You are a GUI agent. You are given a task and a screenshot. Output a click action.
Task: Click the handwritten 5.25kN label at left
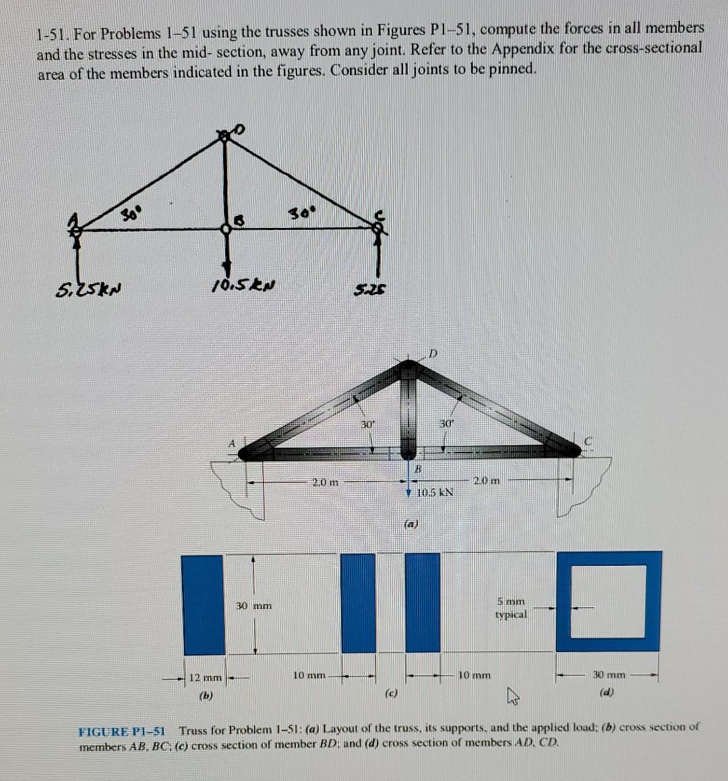coord(88,291)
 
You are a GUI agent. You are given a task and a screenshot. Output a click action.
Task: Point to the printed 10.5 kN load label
coord(435,492)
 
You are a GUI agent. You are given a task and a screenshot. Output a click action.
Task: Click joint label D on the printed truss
coord(433,353)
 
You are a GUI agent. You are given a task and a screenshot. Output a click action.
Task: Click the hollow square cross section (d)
coord(609,601)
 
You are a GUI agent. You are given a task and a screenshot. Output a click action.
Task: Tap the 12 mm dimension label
coord(206,676)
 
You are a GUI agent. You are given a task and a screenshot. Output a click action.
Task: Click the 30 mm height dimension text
coord(254,606)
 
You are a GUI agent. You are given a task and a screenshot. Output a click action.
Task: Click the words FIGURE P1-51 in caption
coord(122,729)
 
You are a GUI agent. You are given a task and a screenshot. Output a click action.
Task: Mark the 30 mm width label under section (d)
coord(609,674)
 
